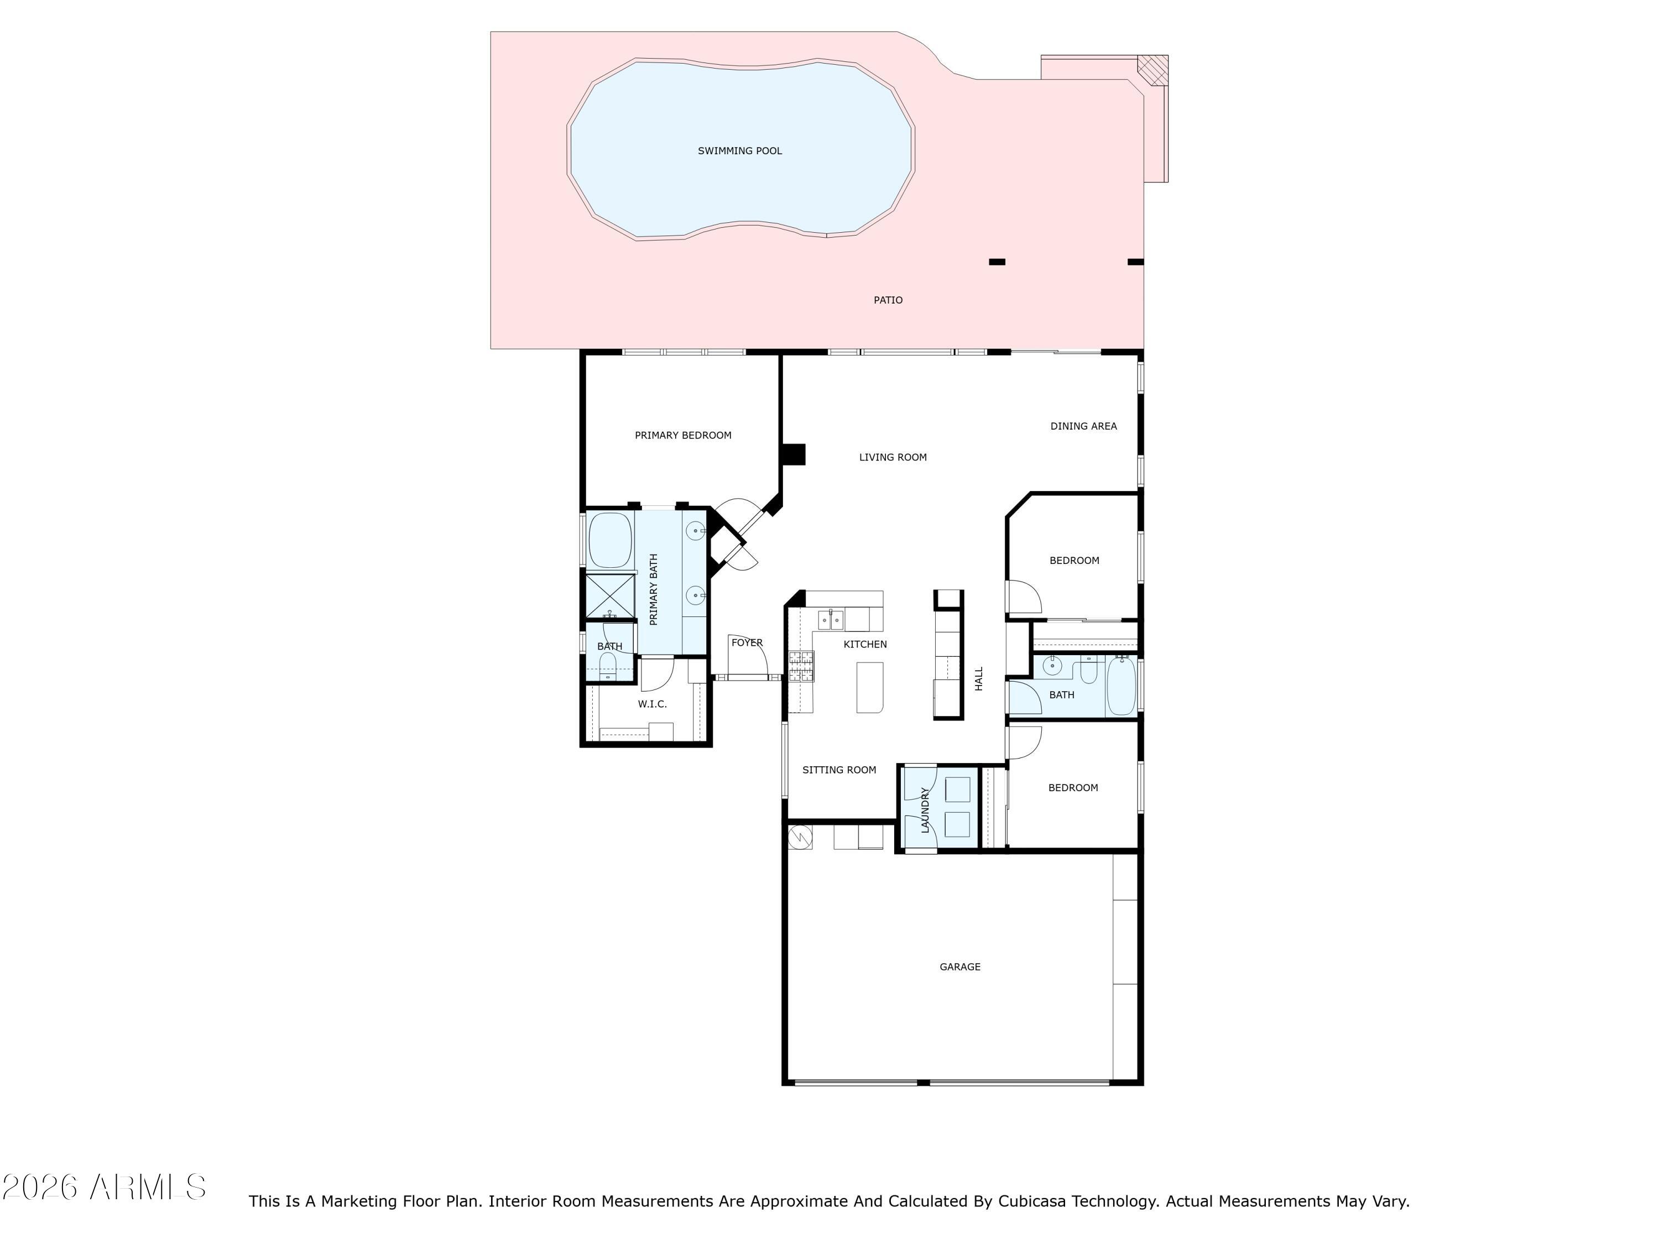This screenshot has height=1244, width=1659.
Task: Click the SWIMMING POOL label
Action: click(739, 151)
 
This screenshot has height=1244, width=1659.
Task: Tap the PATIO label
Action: click(888, 300)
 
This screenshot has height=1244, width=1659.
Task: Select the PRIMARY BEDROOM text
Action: click(682, 435)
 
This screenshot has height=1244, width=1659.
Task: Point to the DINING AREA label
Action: click(1083, 426)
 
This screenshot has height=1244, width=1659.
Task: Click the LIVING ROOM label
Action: click(893, 457)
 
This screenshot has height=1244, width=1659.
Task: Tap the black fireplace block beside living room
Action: click(794, 454)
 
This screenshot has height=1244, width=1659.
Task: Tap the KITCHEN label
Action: click(865, 644)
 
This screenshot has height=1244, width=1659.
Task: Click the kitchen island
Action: click(870, 687)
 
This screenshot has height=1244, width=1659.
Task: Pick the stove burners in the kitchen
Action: click(801, 666)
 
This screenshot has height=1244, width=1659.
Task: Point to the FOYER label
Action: click(747, 642)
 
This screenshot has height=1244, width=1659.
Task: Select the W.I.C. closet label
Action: click(652, 704)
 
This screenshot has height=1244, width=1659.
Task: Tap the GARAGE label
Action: click(960, 966)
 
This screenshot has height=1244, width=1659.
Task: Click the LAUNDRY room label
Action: click(925, 810)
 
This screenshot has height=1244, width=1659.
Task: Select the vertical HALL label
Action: click(979, 678)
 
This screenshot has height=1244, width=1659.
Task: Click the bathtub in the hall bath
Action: click(1122, 686)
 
